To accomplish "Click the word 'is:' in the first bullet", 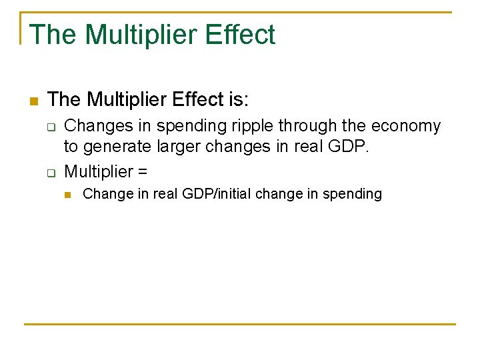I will tap(237, 100).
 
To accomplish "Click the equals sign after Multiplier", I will tap(142, 172).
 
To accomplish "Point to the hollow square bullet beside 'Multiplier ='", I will tap(50, 173).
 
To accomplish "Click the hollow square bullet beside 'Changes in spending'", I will tap(50, 127).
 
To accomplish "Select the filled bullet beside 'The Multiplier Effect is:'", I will tap(32, 101).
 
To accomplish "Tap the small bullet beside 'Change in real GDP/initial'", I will tap(67, 195).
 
